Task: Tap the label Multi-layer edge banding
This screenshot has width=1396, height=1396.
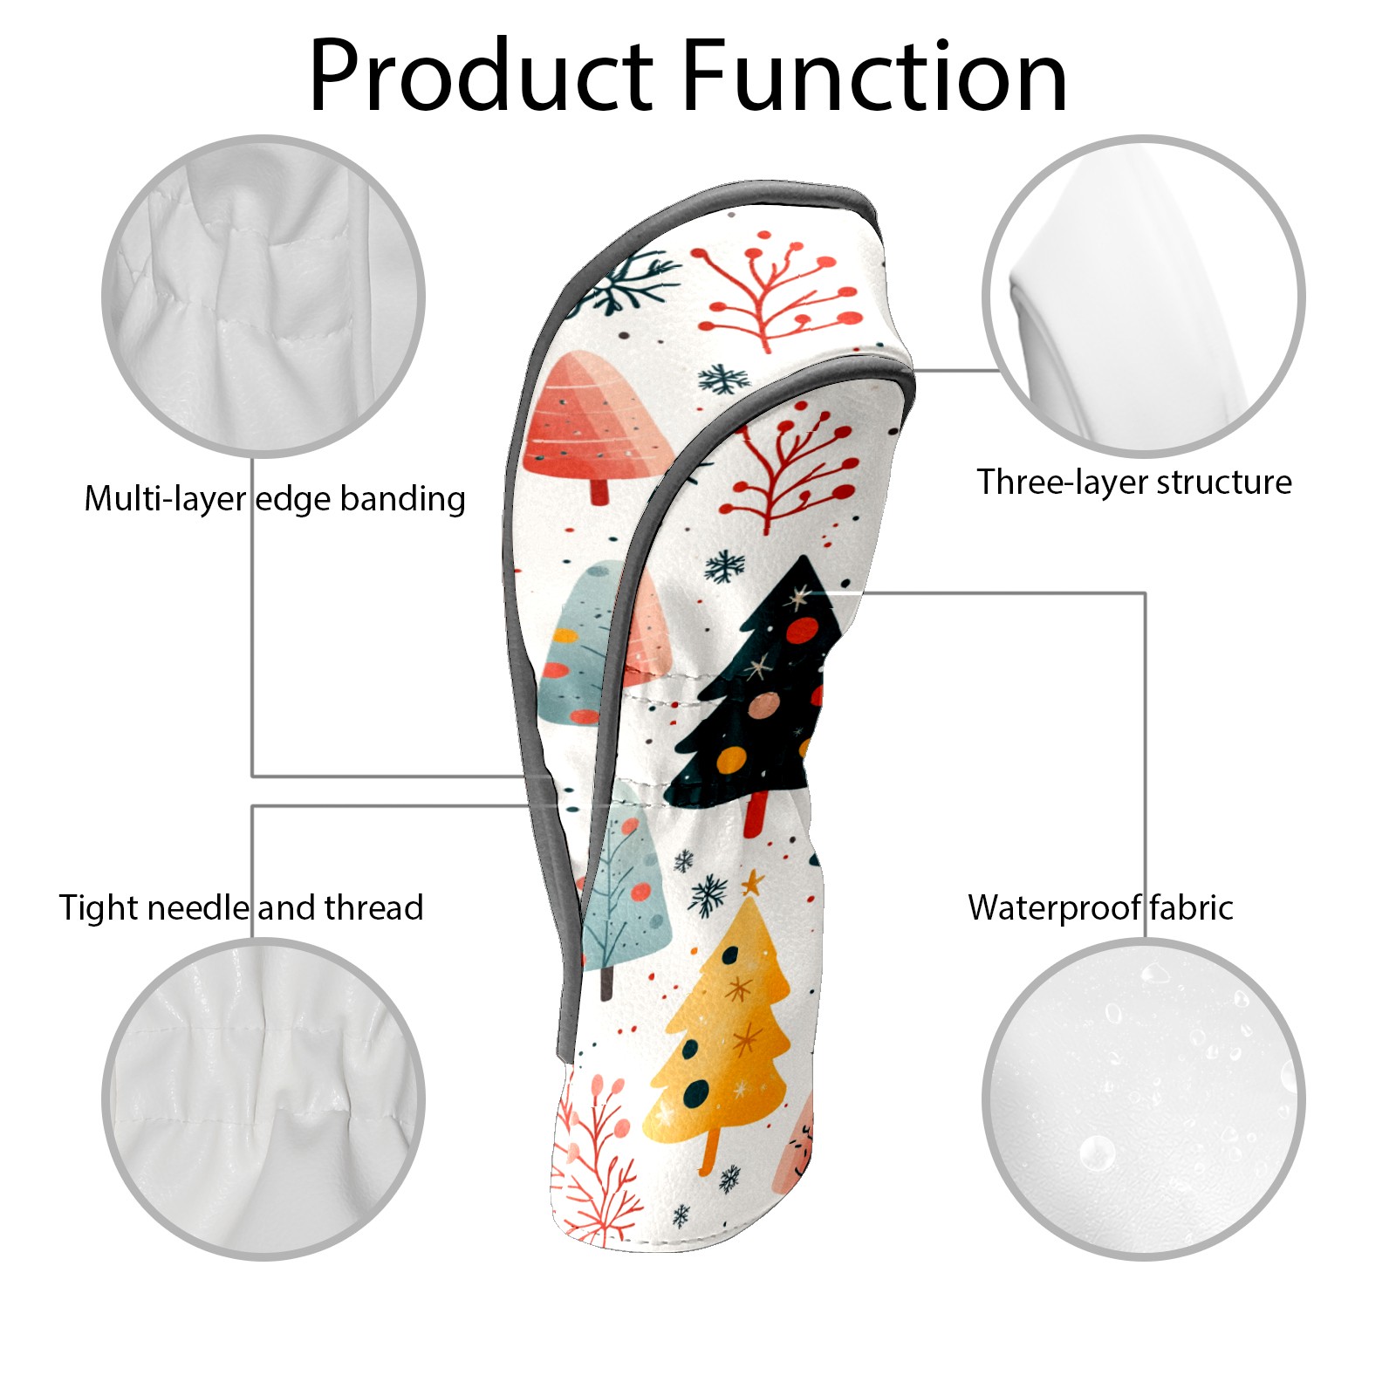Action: (275, 499)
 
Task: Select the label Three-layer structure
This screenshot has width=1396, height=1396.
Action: (1133, 482)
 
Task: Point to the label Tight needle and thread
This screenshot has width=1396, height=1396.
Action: (241, 907)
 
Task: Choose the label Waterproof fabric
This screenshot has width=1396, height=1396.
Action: (1100, 907)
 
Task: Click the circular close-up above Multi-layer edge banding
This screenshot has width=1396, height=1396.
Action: (263, 296)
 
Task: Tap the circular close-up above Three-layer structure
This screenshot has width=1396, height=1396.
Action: (1143, 296)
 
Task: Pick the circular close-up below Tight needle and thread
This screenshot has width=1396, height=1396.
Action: (263, 1098)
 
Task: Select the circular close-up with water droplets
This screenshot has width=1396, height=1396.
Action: (1143, 1098)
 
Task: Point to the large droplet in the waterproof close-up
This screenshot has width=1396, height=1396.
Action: (1097, 1153)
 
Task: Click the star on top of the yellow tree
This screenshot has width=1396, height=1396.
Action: (750, 884)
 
